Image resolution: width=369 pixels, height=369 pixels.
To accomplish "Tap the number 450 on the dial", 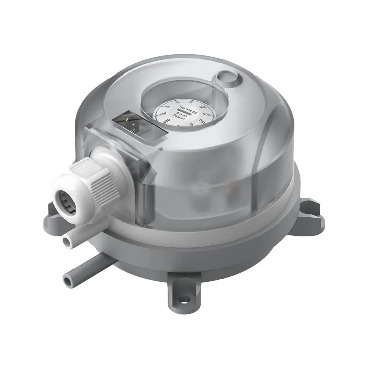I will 163,115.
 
